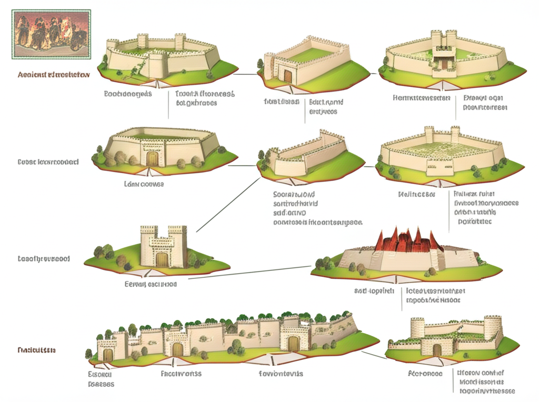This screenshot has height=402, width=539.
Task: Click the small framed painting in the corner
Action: pos(51,34)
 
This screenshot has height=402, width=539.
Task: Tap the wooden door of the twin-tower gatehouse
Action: pos(162,259)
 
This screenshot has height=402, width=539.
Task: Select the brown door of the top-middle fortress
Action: pos(287,76)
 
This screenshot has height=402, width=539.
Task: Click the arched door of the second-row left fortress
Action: pos(152,158)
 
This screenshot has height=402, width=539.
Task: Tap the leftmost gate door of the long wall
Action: pos(108,355)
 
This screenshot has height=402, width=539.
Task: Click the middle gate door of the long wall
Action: pos(177,349)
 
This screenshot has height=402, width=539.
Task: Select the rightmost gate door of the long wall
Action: pos(293,343)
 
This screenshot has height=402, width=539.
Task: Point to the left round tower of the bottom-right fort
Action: pos(417,328)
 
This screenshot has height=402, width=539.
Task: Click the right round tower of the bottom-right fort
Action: pos(493,327)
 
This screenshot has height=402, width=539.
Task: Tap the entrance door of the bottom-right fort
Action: pos(437,349)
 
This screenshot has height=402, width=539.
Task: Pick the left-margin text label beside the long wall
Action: pos(37,350)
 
